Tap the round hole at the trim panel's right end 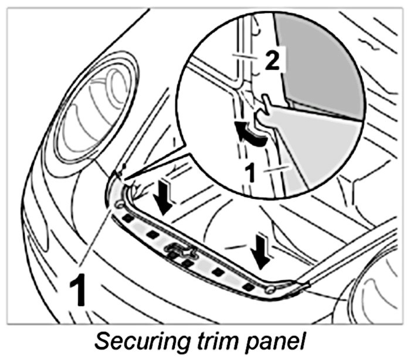point(270,289)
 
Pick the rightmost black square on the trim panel point(248,287)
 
